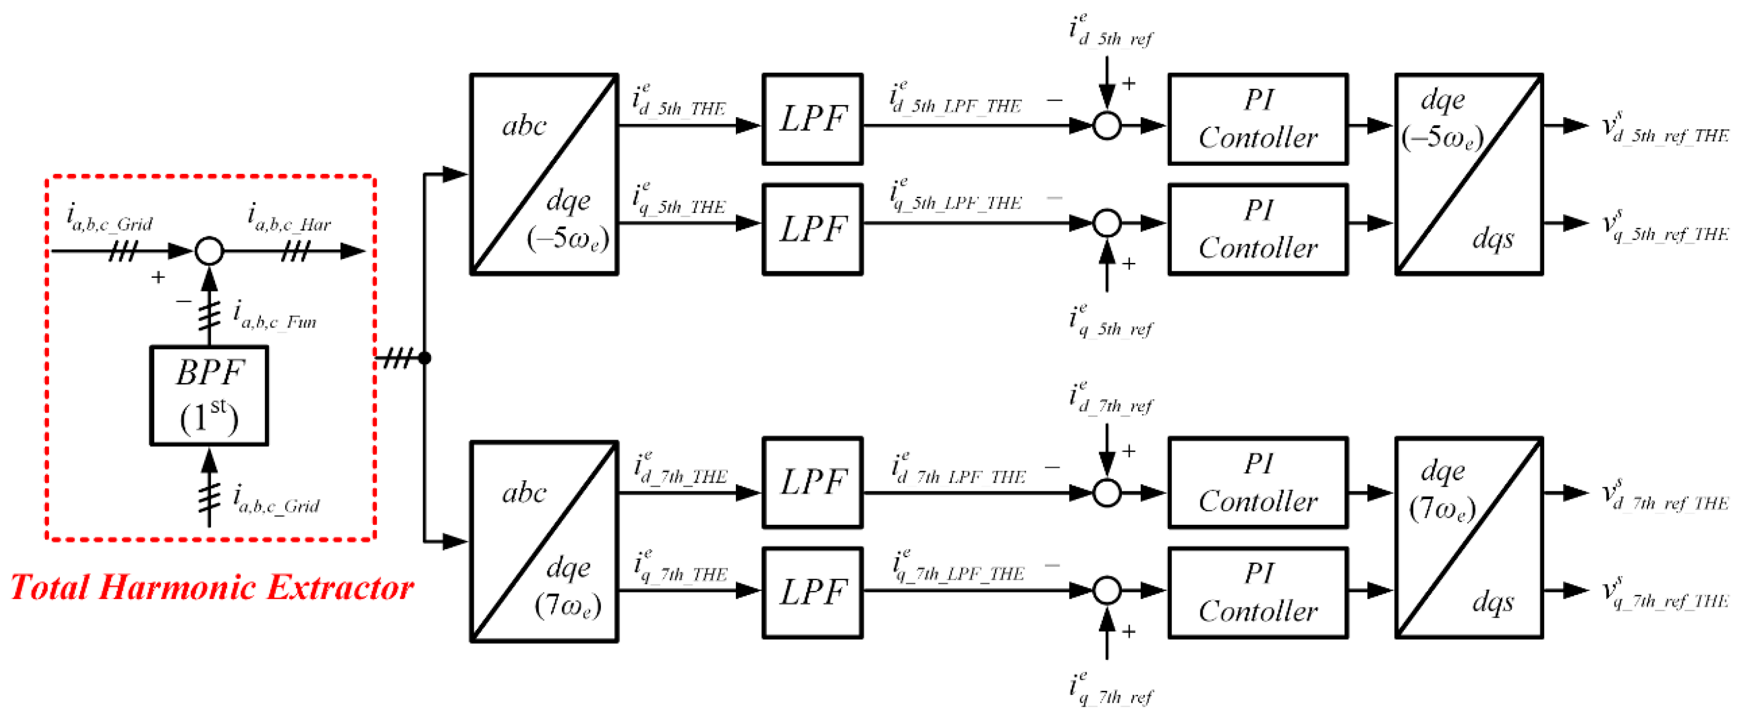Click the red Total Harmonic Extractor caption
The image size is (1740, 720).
[x=212, y=587]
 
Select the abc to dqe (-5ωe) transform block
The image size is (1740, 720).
[x=544, y=174]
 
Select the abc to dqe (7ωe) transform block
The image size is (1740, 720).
[x=544, y=542]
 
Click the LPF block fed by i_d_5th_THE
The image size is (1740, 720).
[x=812, y=120]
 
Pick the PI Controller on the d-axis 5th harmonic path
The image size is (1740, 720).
[x=1258, y=120]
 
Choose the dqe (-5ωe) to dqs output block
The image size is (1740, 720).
[x=1469, y=174]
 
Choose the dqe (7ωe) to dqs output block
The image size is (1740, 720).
[x=1469, y=538]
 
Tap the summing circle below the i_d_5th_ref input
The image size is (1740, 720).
[x=1106, y=126]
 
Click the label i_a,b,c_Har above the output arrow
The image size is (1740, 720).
[x=289, y=218]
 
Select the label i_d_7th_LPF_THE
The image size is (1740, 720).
[x=958, y=470]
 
